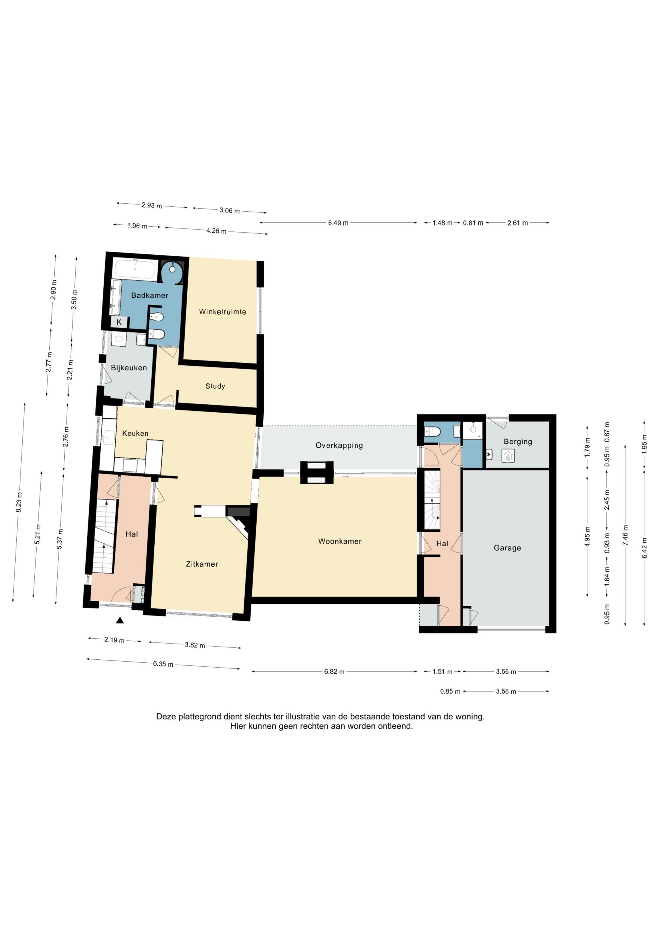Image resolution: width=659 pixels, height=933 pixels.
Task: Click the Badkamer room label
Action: pos(149,295)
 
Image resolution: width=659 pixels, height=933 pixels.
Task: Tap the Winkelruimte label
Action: pos(222,312)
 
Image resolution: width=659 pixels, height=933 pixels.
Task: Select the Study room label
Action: pos(215,386)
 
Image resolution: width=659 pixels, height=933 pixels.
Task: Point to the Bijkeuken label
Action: pos(129,368)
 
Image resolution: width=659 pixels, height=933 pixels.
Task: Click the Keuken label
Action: pos(135,433)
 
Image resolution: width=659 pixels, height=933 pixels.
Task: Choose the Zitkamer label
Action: pos(202,564)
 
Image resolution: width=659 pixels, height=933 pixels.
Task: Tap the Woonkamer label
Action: pos(340,541)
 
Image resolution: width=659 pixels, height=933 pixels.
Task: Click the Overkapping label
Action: pos(339,445)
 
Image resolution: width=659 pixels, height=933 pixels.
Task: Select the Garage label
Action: pos(507,548)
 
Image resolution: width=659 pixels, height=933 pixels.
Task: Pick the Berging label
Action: pos(518,442)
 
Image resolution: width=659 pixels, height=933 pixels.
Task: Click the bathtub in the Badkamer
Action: pos(135,269)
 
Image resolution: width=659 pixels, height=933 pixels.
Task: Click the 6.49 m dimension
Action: pos(338,223)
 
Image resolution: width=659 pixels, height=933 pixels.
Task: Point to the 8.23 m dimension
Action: pos(19,502)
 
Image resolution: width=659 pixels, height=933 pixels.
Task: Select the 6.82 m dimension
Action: pos(334,672)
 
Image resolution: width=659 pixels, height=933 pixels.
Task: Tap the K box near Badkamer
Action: pos(119,322)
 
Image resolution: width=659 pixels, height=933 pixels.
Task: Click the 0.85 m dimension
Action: pos(450,691)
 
